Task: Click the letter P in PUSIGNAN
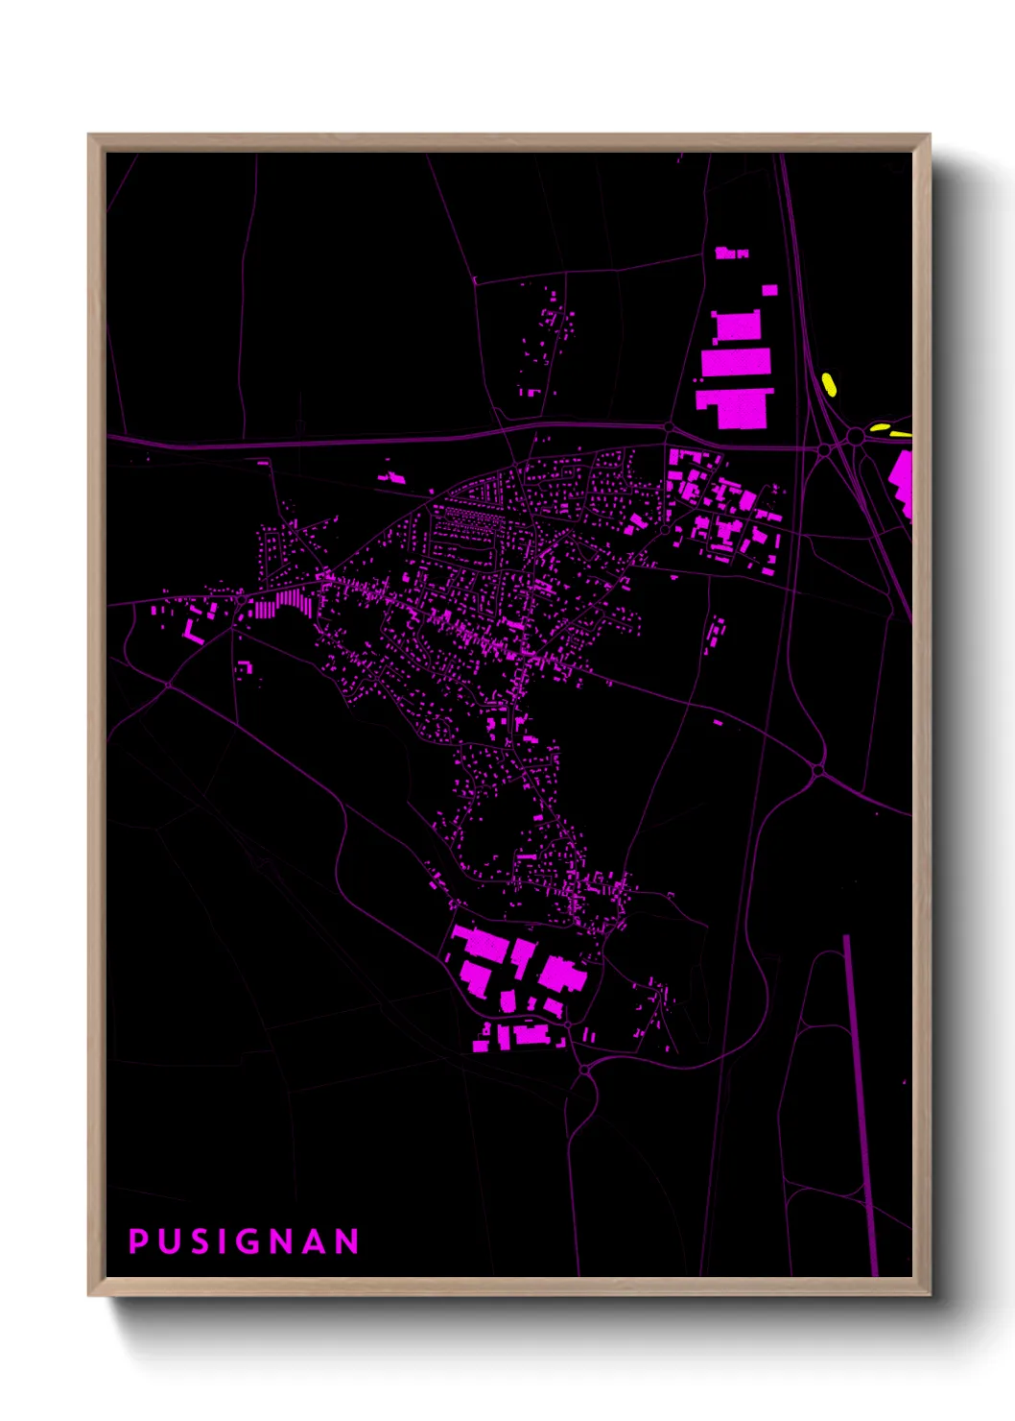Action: pos(138,1241)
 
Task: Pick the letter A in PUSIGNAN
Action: pos(314,1241)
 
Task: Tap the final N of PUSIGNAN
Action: pos(346,1241)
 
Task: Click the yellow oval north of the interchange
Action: pos(829,384)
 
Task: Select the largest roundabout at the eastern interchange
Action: pos(854,438)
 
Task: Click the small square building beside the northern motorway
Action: pos(769,290)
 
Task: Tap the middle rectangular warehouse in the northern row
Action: pos(737,362)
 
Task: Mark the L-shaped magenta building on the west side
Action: pos(193,630)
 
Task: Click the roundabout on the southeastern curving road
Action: pos(817,770)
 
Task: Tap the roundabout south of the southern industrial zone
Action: pos(584,1069)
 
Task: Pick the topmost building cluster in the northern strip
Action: pos(731,253)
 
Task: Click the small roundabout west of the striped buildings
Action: pos(239,597)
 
